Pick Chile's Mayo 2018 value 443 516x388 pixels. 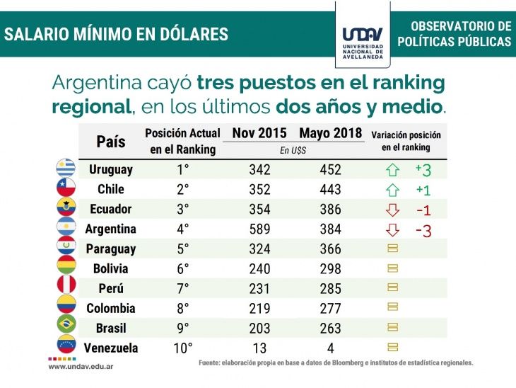pyautogui.click(x=329, y=189)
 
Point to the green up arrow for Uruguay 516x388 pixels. pyautogui.click(x=394, y=170)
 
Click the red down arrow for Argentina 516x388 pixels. pyautogui.click(x=394, y=229)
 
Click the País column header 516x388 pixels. pyautogui.click(x=110, y=141)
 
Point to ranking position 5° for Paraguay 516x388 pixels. pyautogui.click(x=182, y=249)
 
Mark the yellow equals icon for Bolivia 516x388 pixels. pyautogui.click(x=394, y=269)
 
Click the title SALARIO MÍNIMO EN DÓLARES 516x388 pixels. pyautogui.click(x=117, y=33)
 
